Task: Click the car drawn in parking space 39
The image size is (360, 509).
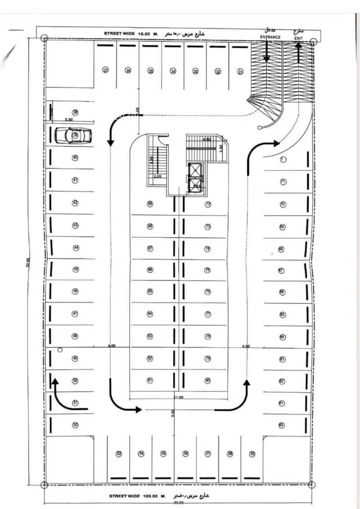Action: pyautogui.click(x=73, y=134)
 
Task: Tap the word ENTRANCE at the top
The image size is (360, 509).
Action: pyautogui.click(x=270, y=37)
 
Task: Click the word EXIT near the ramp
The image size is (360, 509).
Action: pyautogui.click(x=298, y=39)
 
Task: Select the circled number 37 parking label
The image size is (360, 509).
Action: pyautogui.click(x=106, y=71)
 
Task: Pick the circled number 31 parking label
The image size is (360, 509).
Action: pyautogui.click(x=240, y=71)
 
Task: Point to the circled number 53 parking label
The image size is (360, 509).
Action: pyautogui.click(x=119, y=454)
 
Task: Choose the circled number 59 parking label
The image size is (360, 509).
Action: pyautogui.click(x=252, y=454)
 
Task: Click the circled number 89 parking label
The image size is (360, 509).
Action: pyautogui.click(x=150, y=204)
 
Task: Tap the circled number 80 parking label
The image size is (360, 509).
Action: pyautogui.click(x=207, y=380)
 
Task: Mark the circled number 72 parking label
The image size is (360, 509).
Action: pyautogui.click(x=208, y=204)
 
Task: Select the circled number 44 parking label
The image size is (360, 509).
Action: pyautogui.click(x=76, y=248)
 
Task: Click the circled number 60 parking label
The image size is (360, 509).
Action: pyautogui.click(x=282, y=424)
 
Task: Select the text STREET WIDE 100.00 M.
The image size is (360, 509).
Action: pyautogui.click(x=135, y=496)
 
